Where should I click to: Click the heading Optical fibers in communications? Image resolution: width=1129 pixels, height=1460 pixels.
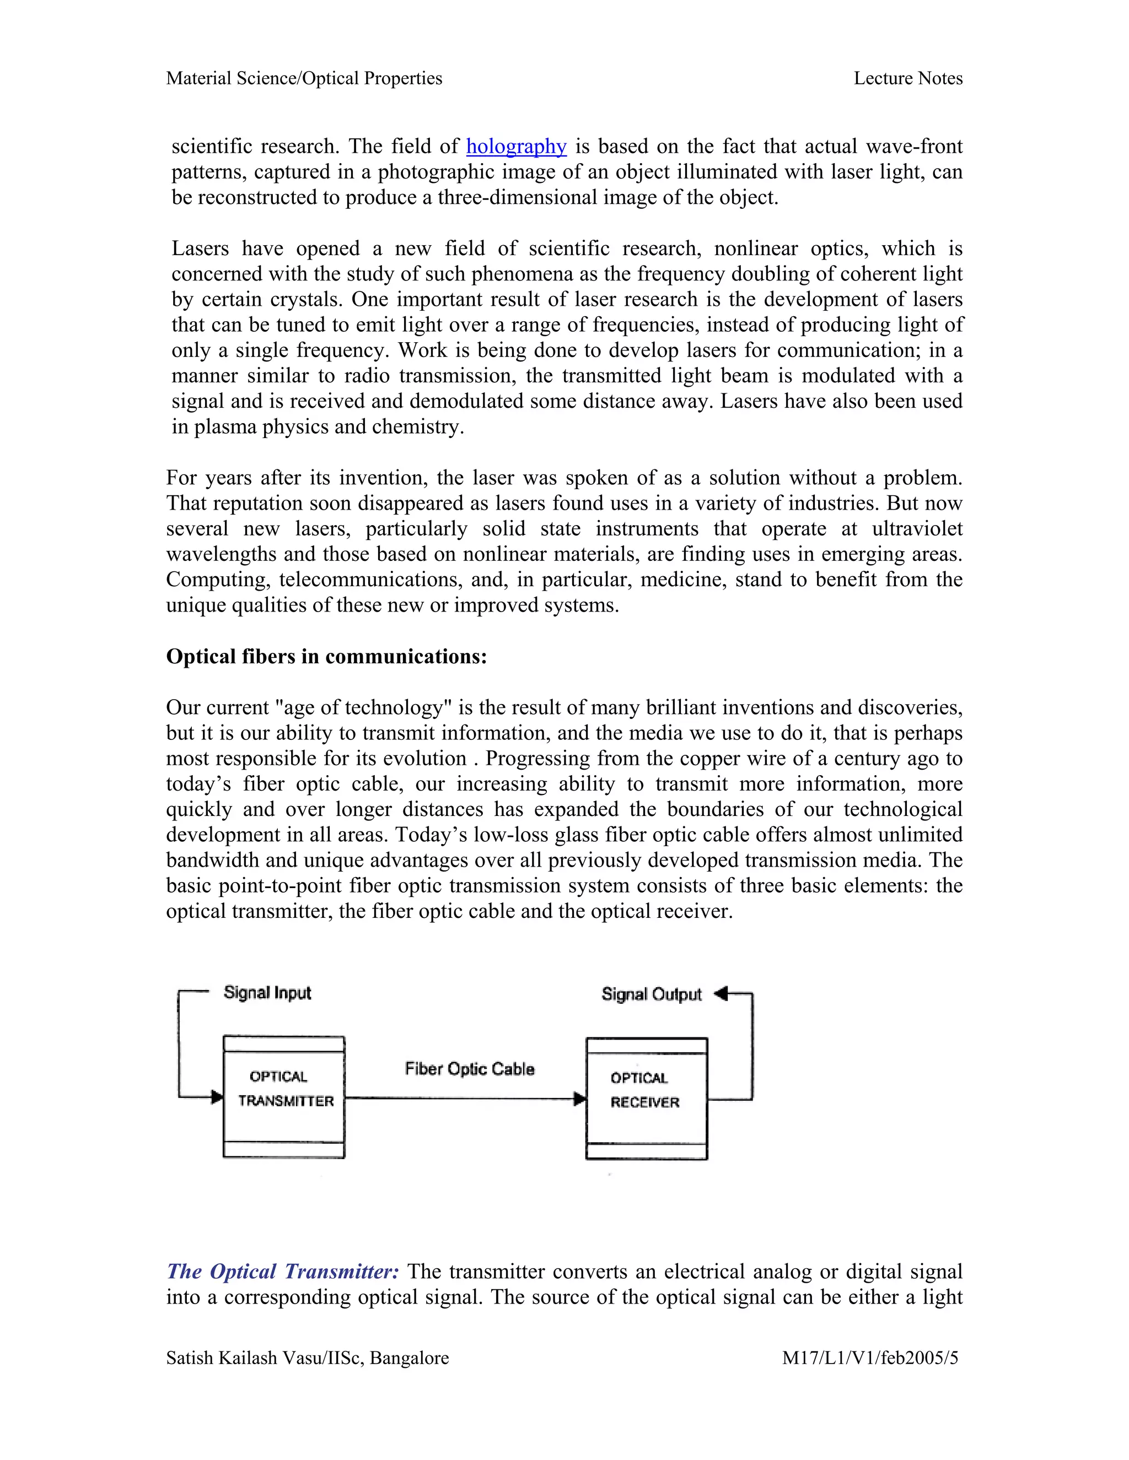coord(326,657)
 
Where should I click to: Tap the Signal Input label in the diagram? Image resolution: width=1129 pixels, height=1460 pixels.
coord(267,993)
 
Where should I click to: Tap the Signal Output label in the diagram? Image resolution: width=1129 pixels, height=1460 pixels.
coord(651,994)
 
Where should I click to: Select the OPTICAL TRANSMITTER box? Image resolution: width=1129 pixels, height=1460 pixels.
coord(283,1097)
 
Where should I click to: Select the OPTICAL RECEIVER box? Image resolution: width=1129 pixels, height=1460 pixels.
coord(646,1099)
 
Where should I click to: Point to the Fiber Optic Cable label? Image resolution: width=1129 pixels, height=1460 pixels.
coord(470,1069)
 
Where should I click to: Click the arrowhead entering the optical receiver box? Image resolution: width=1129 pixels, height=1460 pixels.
coord(580,1099)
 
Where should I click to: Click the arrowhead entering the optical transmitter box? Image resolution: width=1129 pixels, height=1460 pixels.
coord(217,1097)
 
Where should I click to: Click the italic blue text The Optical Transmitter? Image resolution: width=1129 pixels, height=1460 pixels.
coord(283,1272)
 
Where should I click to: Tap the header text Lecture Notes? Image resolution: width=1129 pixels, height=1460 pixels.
coord(907,79)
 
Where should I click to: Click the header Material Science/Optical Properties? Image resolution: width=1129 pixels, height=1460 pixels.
coord(304,79)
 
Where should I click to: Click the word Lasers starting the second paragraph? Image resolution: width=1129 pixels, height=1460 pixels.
coord(200,248)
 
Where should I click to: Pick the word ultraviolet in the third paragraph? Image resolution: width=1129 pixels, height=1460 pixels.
coord(916,529)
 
